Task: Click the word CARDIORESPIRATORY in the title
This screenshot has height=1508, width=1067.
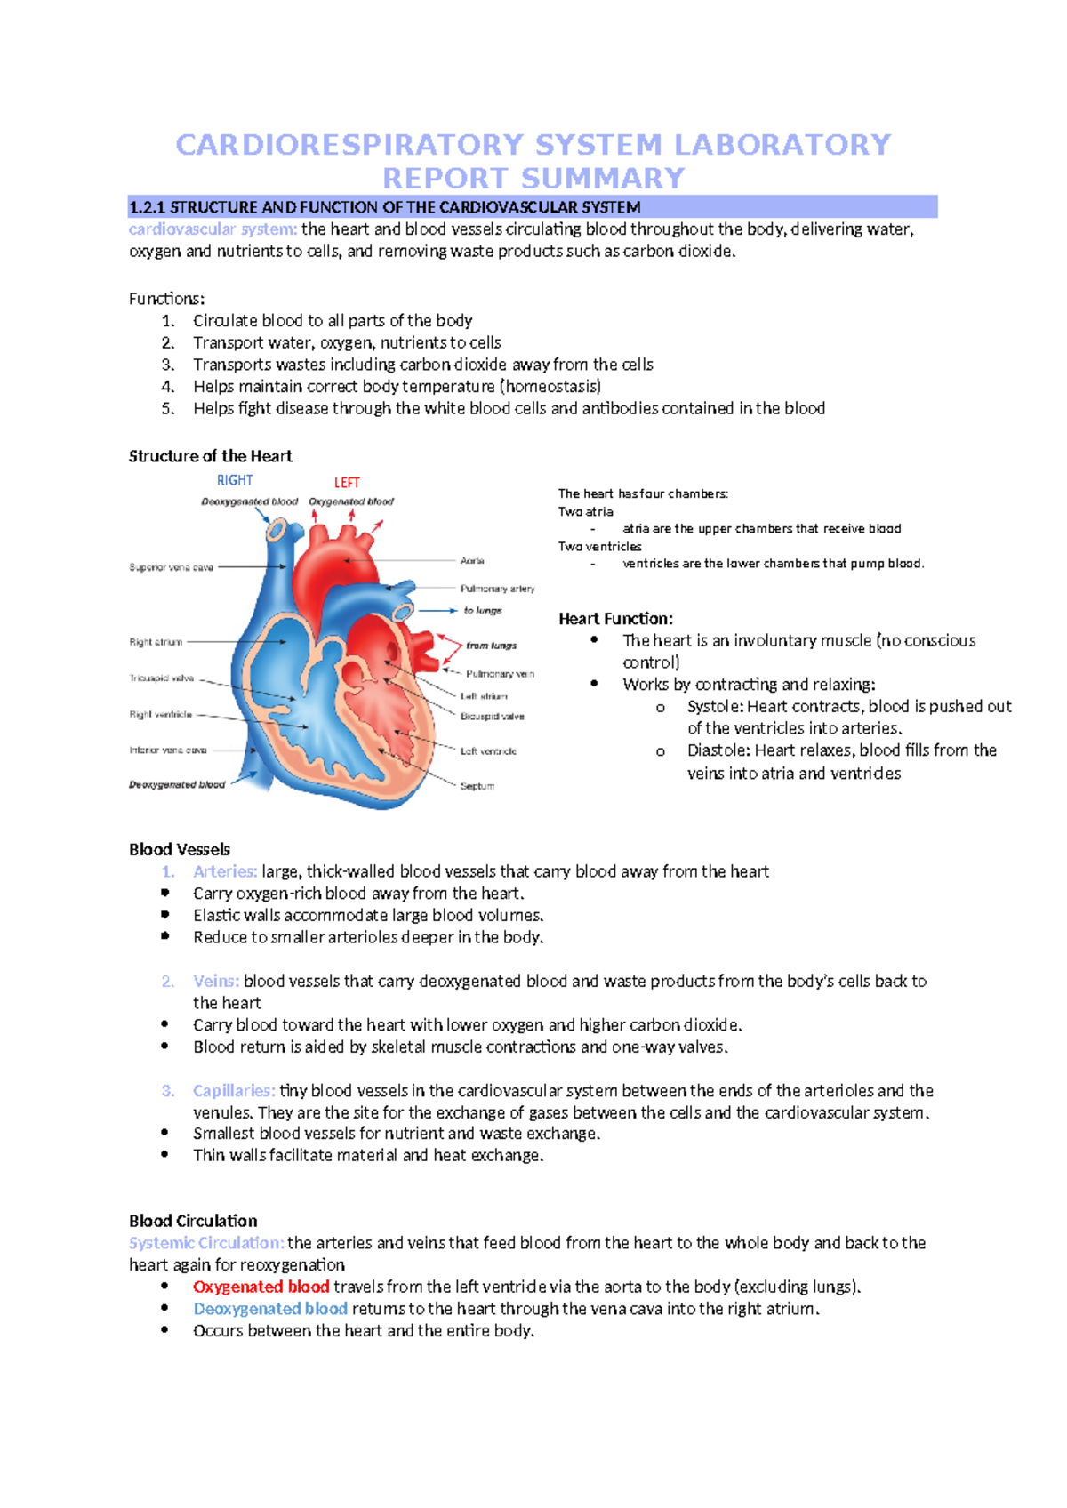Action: click(349, 144)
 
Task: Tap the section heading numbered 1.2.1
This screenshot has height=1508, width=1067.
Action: click(384, 207)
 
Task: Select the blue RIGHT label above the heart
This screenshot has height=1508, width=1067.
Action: click(235, 480)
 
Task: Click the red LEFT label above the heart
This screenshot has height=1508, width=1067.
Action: click(347, 482)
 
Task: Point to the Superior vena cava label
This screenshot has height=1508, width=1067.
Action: click(171, 567)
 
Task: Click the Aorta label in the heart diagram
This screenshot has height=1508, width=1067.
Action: click(472, 561)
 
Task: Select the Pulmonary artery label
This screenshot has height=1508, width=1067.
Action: click(497, 589)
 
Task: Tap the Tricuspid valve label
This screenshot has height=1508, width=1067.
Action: click(161, 678)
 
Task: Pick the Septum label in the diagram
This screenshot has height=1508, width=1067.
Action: click(477, 786)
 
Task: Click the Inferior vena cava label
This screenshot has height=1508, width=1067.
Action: click(167, 750)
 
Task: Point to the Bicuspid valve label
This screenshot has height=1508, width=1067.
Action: click(492, 717)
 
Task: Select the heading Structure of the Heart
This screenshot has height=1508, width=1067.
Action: click(210, 456)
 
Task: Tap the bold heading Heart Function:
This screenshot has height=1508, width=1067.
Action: click(615, 619)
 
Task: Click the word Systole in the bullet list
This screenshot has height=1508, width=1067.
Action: click(714, 707)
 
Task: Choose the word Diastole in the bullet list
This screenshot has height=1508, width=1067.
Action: click(718, 750)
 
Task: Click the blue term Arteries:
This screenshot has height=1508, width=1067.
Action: click(225, 871)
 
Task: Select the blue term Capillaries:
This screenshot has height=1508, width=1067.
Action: click(234, 1091)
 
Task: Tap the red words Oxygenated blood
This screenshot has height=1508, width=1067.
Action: click(261, 1287)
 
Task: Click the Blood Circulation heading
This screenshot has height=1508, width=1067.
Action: click(193, 1221)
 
